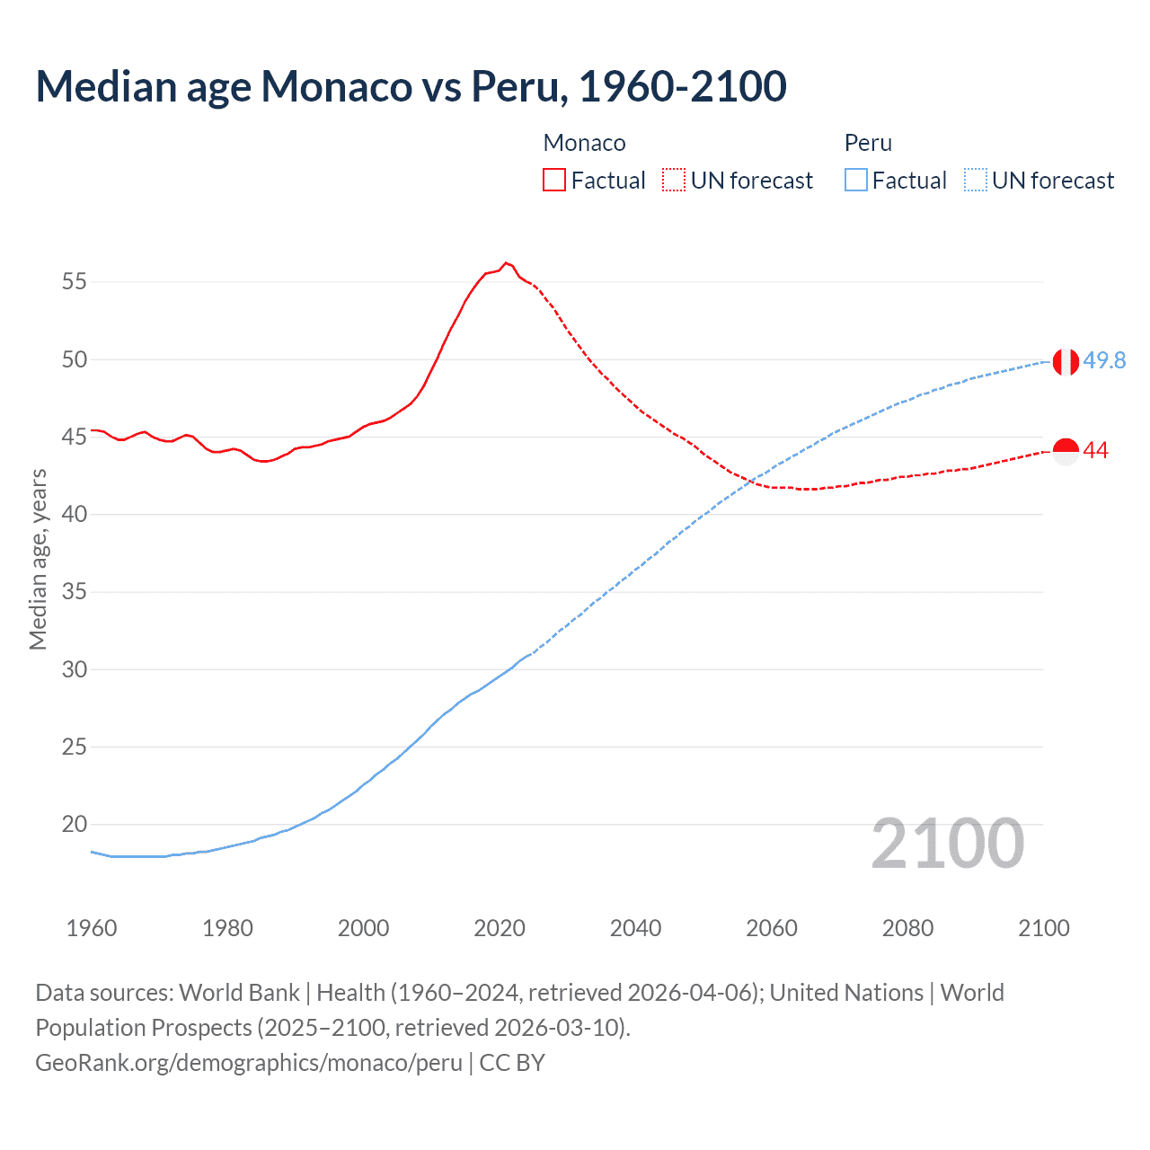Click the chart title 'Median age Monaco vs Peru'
click(411, 87)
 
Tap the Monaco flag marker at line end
click(1066, 451)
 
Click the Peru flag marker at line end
click(1066, 361)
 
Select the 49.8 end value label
click(1104, 360)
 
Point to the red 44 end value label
click(1095, 451)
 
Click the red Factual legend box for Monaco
click(554, 181)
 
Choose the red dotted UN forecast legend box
click(674, 181)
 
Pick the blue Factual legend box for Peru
click(855, 181)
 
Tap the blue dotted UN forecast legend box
click(976, 181)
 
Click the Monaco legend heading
click(584, 143)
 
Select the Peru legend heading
click(868, 143)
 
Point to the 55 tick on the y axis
click(75, 282)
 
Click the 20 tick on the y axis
click(75, 824)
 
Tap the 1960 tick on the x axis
click(92, 928)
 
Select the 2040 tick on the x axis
click(635, 928)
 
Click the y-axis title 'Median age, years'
click(38, 559)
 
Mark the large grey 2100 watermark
click(947, 844)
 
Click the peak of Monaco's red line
click(506, 263)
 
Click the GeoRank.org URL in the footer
click(249, 1063)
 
